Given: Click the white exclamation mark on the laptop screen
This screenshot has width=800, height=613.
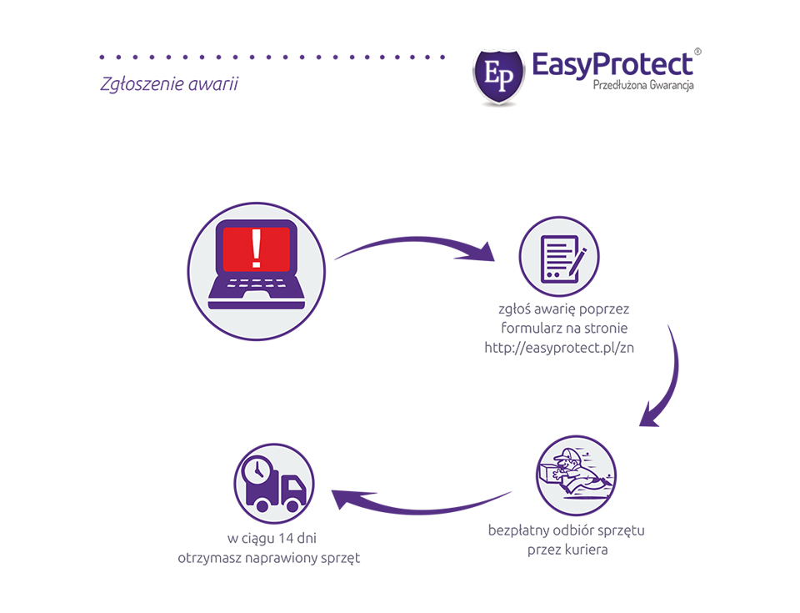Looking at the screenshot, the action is [x=256, y=249].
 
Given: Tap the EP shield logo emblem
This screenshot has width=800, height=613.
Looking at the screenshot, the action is [x=498, y=77].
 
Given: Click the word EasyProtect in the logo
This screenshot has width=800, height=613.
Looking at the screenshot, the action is [x=612, y=65].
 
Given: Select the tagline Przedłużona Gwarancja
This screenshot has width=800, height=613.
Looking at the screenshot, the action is [x=642, y=85].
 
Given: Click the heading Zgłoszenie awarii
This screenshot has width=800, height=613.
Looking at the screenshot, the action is [x=169, y=83].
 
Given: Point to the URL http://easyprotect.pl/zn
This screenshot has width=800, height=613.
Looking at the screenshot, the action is [x=559, y=348].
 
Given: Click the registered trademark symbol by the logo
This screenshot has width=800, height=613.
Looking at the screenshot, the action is [x=697, y=52].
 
